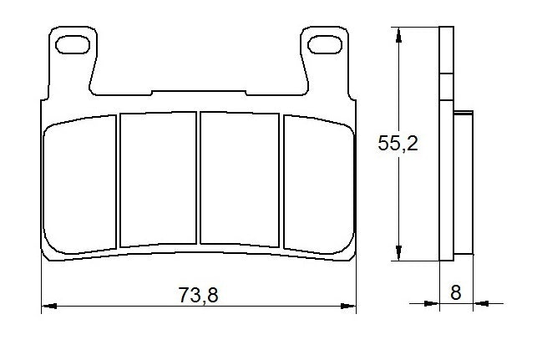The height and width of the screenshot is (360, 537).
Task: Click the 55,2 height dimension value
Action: pyautogui.click(x=398, y=143)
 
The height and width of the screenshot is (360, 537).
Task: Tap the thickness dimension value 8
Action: pyautogui.click(x=455, y=293)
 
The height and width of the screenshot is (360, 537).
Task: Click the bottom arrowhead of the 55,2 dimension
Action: pyautogui.click(x=399, y=254)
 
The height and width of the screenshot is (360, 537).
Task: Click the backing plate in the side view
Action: pyautogui.click(x=447, y=142)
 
